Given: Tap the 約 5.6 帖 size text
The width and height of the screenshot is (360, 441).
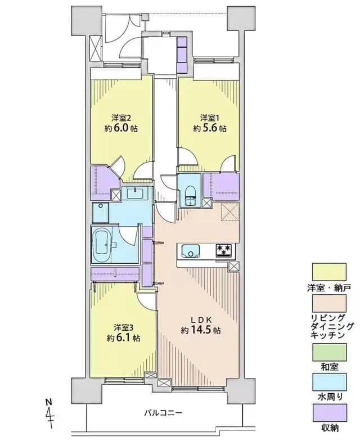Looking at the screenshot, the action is pos(209,128).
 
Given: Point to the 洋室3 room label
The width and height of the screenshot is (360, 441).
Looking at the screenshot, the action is pos(123,327).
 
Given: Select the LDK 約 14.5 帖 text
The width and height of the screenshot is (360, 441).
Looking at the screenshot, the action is pos(200,325).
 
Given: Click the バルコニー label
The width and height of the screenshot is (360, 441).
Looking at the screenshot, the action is pos(163,413).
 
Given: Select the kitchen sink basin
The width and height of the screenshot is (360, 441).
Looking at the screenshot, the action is pos(191,251).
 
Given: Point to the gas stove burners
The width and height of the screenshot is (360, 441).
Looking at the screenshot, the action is pos(224,251).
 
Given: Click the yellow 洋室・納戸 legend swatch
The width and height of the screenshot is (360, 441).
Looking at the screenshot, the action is pos(329,272).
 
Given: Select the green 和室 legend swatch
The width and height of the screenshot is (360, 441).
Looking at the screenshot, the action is pos(330,352).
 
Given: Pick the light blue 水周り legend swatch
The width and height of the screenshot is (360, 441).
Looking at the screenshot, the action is pos(330,382).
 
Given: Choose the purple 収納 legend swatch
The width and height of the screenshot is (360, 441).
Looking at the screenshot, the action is pos(330,412).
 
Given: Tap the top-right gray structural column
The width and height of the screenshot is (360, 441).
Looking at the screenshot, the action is pos(241,18).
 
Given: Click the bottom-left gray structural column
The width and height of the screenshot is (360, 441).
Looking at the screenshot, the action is pos(86,390).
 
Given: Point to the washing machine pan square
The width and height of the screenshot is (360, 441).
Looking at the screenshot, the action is pos(100,213).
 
